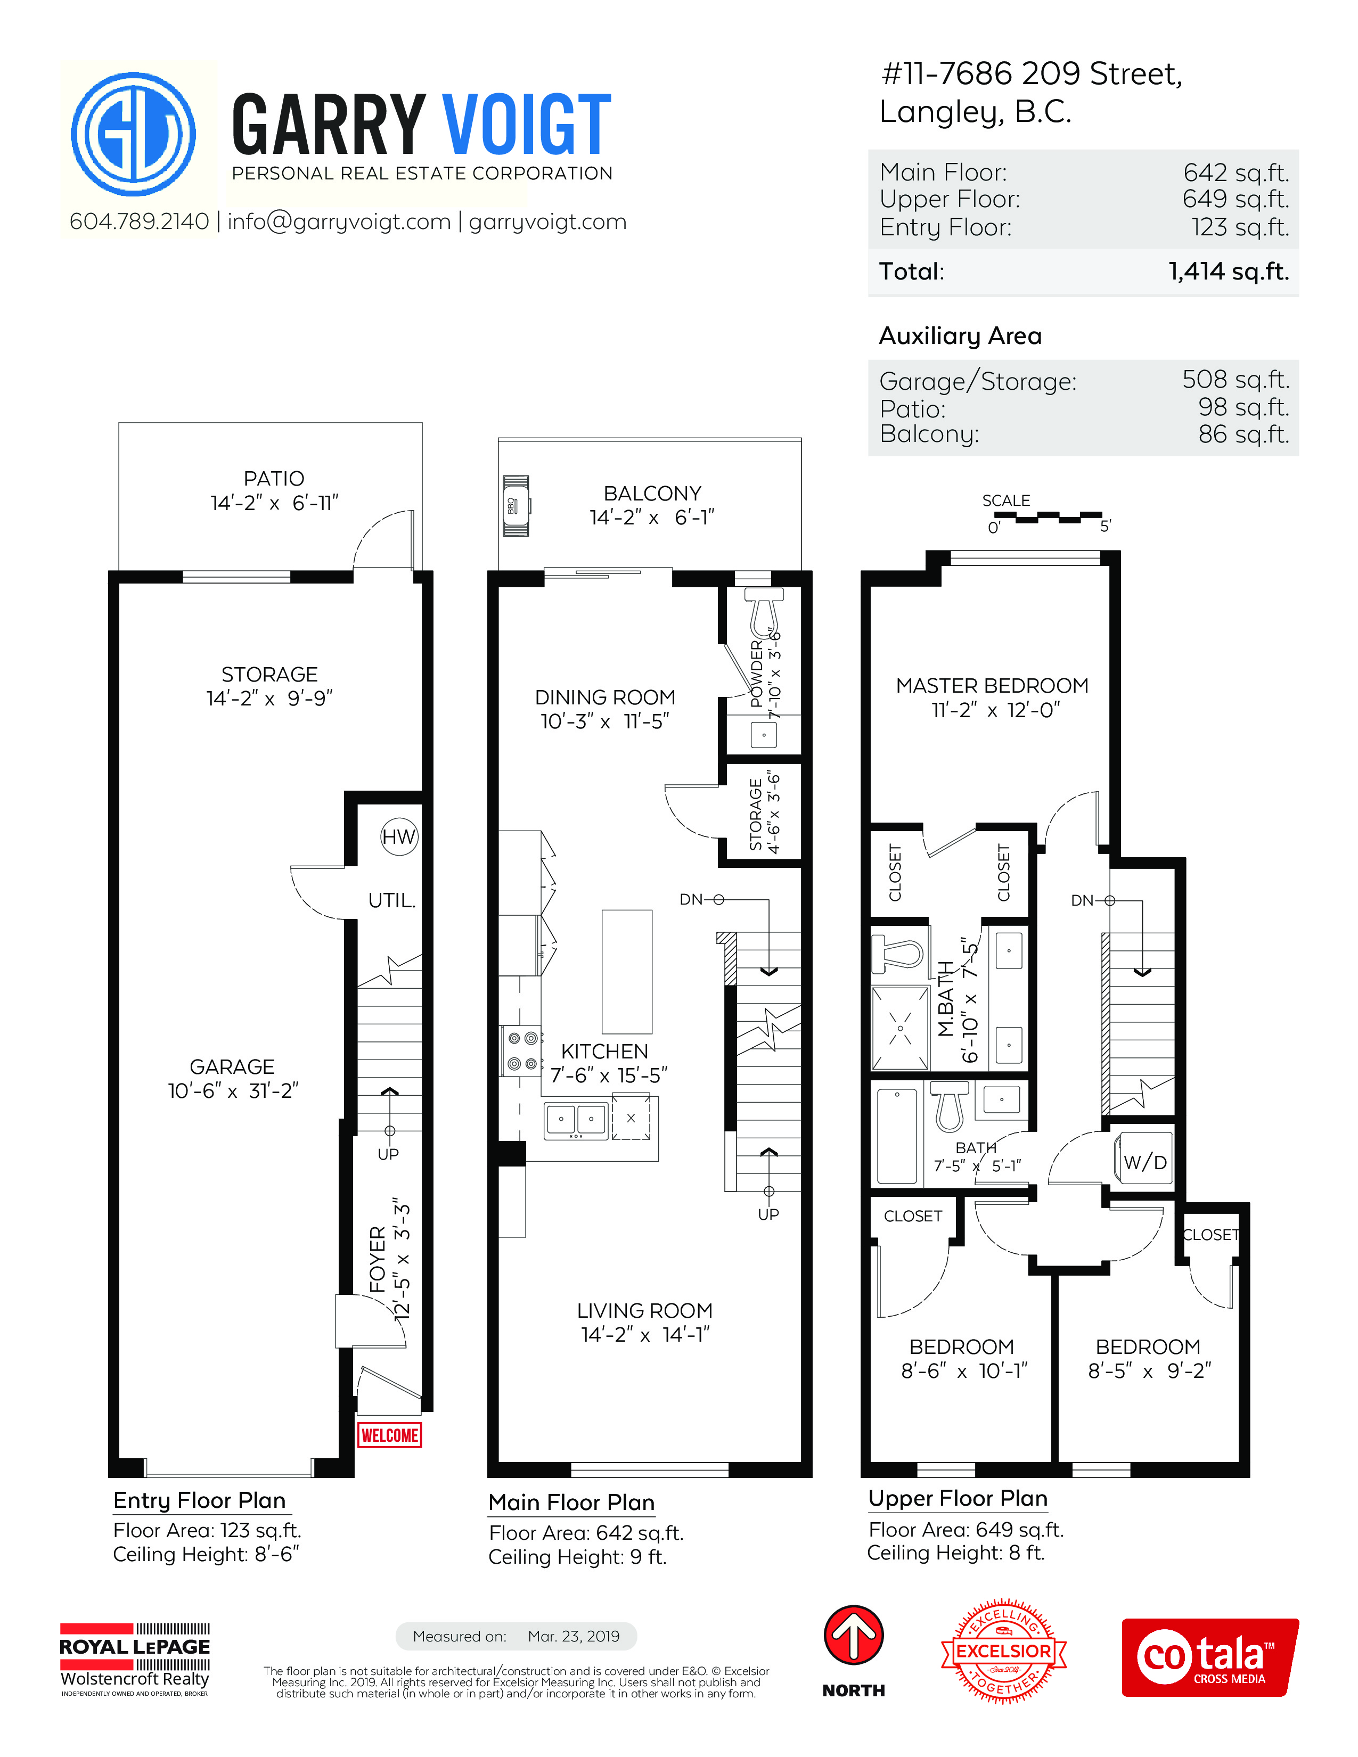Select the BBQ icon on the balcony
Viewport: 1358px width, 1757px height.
click(516, 506)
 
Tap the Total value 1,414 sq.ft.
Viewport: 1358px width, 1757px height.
click(1229, 271)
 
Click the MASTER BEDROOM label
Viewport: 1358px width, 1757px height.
click(992, 685)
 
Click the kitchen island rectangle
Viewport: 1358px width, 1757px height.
click(627, 972)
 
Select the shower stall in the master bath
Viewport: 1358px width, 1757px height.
click(900, 1028)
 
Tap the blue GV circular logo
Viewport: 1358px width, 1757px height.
click(134, 134)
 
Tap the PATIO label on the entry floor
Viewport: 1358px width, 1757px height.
click(274, 479)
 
